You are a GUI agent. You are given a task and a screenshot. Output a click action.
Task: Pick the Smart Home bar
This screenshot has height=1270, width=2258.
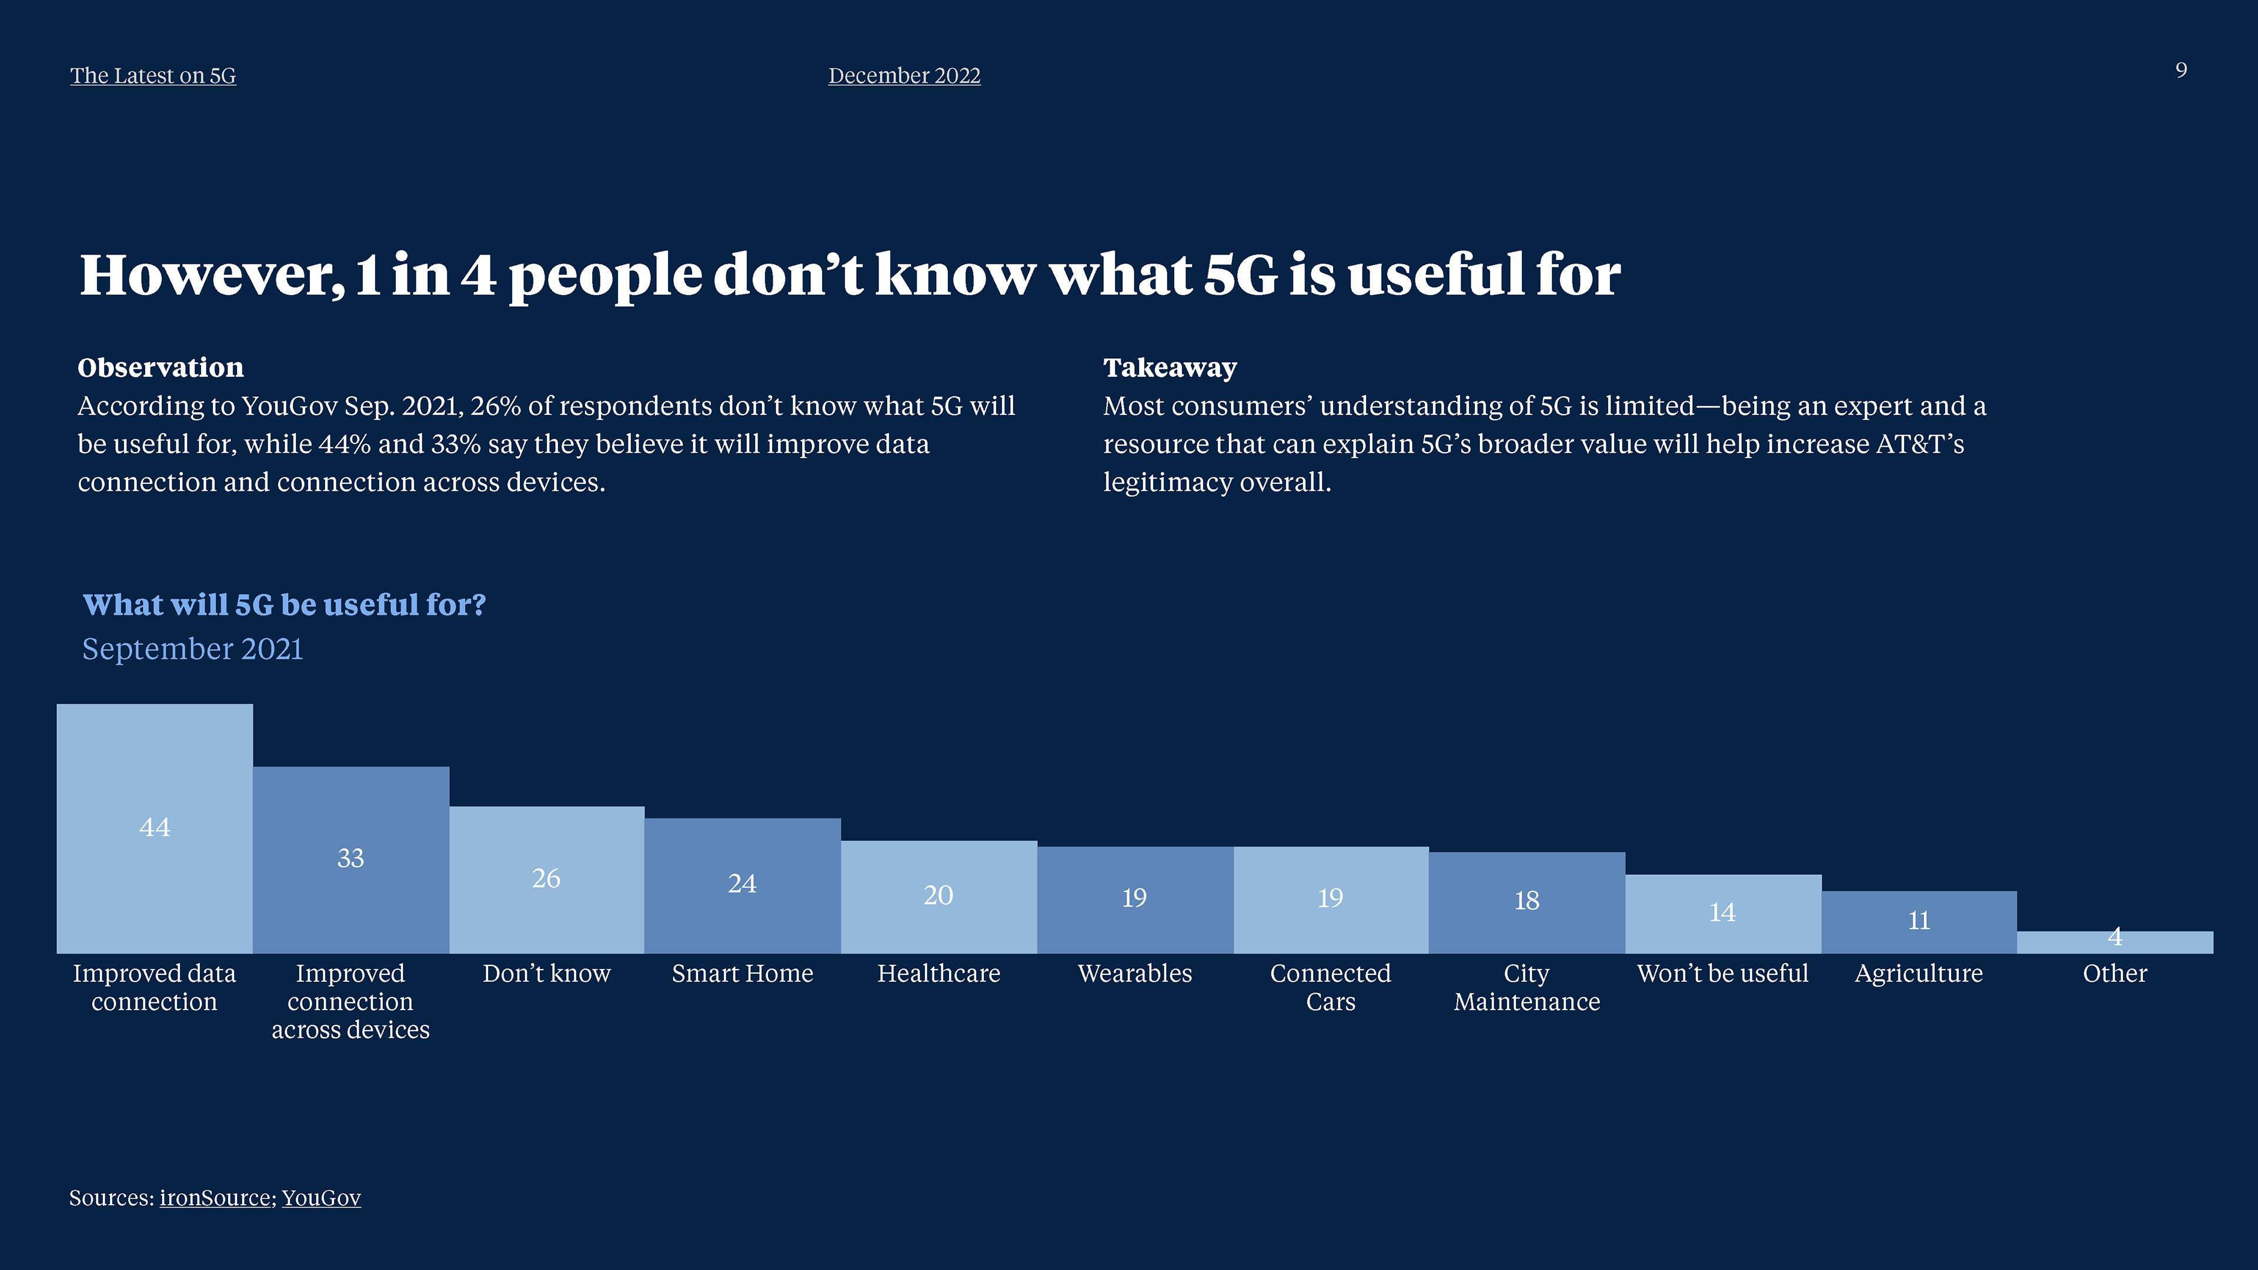pyautogui.click(x=743, y=885)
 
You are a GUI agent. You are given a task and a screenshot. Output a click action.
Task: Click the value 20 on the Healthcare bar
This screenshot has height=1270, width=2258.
pyautogui.click(x=938, y=895)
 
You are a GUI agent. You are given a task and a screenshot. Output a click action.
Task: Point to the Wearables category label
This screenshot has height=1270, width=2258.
pyautogui.click(x=1135, y=973)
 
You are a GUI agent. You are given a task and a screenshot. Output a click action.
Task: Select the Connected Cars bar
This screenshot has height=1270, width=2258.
pyautogui.click(x=1331, y=899)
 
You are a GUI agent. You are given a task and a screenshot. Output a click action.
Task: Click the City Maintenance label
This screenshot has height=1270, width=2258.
pyautogui.click(x=1527, y=987)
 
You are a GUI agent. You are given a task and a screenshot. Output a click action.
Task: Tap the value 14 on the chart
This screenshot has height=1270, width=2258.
pyautogui.click(x=1722, y=913)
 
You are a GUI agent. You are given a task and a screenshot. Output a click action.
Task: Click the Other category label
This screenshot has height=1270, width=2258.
pyautogui.click(x=2115, y=973)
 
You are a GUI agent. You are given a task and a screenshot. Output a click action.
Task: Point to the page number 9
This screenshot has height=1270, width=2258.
pyautogui.click(x=2182, y=69)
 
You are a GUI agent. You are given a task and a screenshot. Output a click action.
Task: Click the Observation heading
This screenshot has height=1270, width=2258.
pyautogui.click(x=161, y=367)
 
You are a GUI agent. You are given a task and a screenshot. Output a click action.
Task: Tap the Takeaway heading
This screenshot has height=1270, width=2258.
pyautogui.click(x=1170, y=368)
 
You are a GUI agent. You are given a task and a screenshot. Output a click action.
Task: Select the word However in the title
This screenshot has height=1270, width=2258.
pyautogui.click(x=212, y=275)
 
